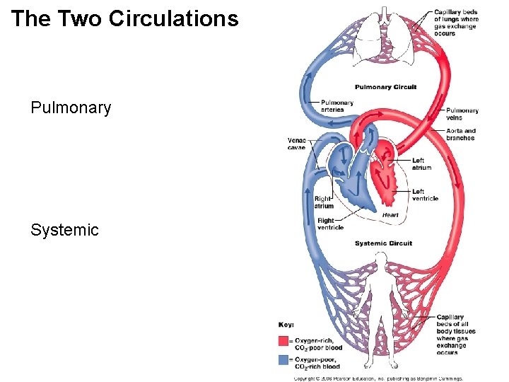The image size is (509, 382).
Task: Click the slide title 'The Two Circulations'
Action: [x=125, y=19]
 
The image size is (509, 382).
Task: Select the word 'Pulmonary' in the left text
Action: [x=71, y=108]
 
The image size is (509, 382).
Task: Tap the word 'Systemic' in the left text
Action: [x=64, y=230]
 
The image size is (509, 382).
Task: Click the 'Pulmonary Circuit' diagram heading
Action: [x=385, y=87]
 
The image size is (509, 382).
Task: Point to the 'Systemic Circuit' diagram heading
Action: [x=383, y=243]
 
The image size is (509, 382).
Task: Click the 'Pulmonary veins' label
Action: [x=462, y=114]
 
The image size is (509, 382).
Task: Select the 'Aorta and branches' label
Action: [x=461, y=134]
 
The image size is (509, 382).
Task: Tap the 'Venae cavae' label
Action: [x=297, y=143]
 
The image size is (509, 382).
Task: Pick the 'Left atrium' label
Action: [x=421, y=164]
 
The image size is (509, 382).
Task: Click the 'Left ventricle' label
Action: [x=425, y=195]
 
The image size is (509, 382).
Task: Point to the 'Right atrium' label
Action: [x=324, y=202]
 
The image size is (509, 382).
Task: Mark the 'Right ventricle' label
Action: [x=330, y=224]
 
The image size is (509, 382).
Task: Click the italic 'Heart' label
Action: [x=390, y=215]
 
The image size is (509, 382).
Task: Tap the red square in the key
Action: [x=283, y=341]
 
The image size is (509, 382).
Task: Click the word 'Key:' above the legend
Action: [x=286, y=325]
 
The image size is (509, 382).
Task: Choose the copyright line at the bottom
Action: [x=378, y=378]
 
